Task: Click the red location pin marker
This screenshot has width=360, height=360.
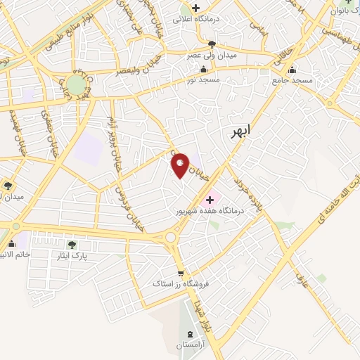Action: point(181,165)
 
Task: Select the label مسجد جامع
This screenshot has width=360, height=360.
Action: point(292,81)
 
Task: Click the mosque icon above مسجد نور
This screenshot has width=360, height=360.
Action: point(204,70)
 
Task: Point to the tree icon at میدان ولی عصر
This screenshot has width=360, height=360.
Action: point(213,44)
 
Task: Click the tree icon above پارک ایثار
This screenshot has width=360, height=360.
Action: point(72,245)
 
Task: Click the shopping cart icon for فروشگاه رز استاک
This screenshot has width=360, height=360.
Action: point(181,273)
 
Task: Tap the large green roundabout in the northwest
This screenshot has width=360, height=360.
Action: point(77,85)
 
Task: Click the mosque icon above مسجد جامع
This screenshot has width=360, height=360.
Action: point(292,70)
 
